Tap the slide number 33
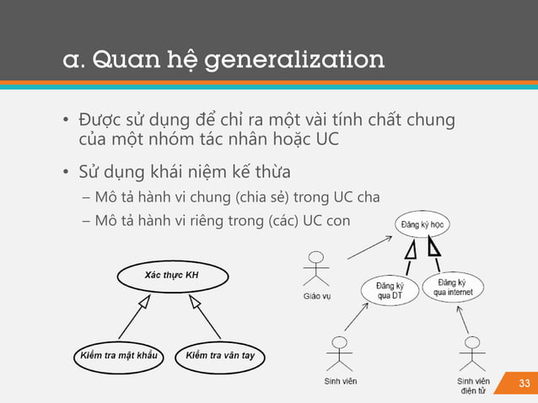pyautogui.click(x=524, y=384)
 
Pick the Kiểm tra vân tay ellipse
pyautogui.click(x=220, y=355)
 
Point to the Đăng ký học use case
pyautogui.click(x=422, y=225)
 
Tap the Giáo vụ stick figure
pyautogui.click(x=317, y=269)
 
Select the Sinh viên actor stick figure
pyautogui.click(x=340, y=353)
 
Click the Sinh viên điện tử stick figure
pyautogui.click(x=472, y=353)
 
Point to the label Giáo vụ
pyautogui.click(x=317, y=297)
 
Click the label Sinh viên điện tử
pyautogui.click(x=472, y=385)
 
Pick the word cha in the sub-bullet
pyautogui.click(x=369, y=198)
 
